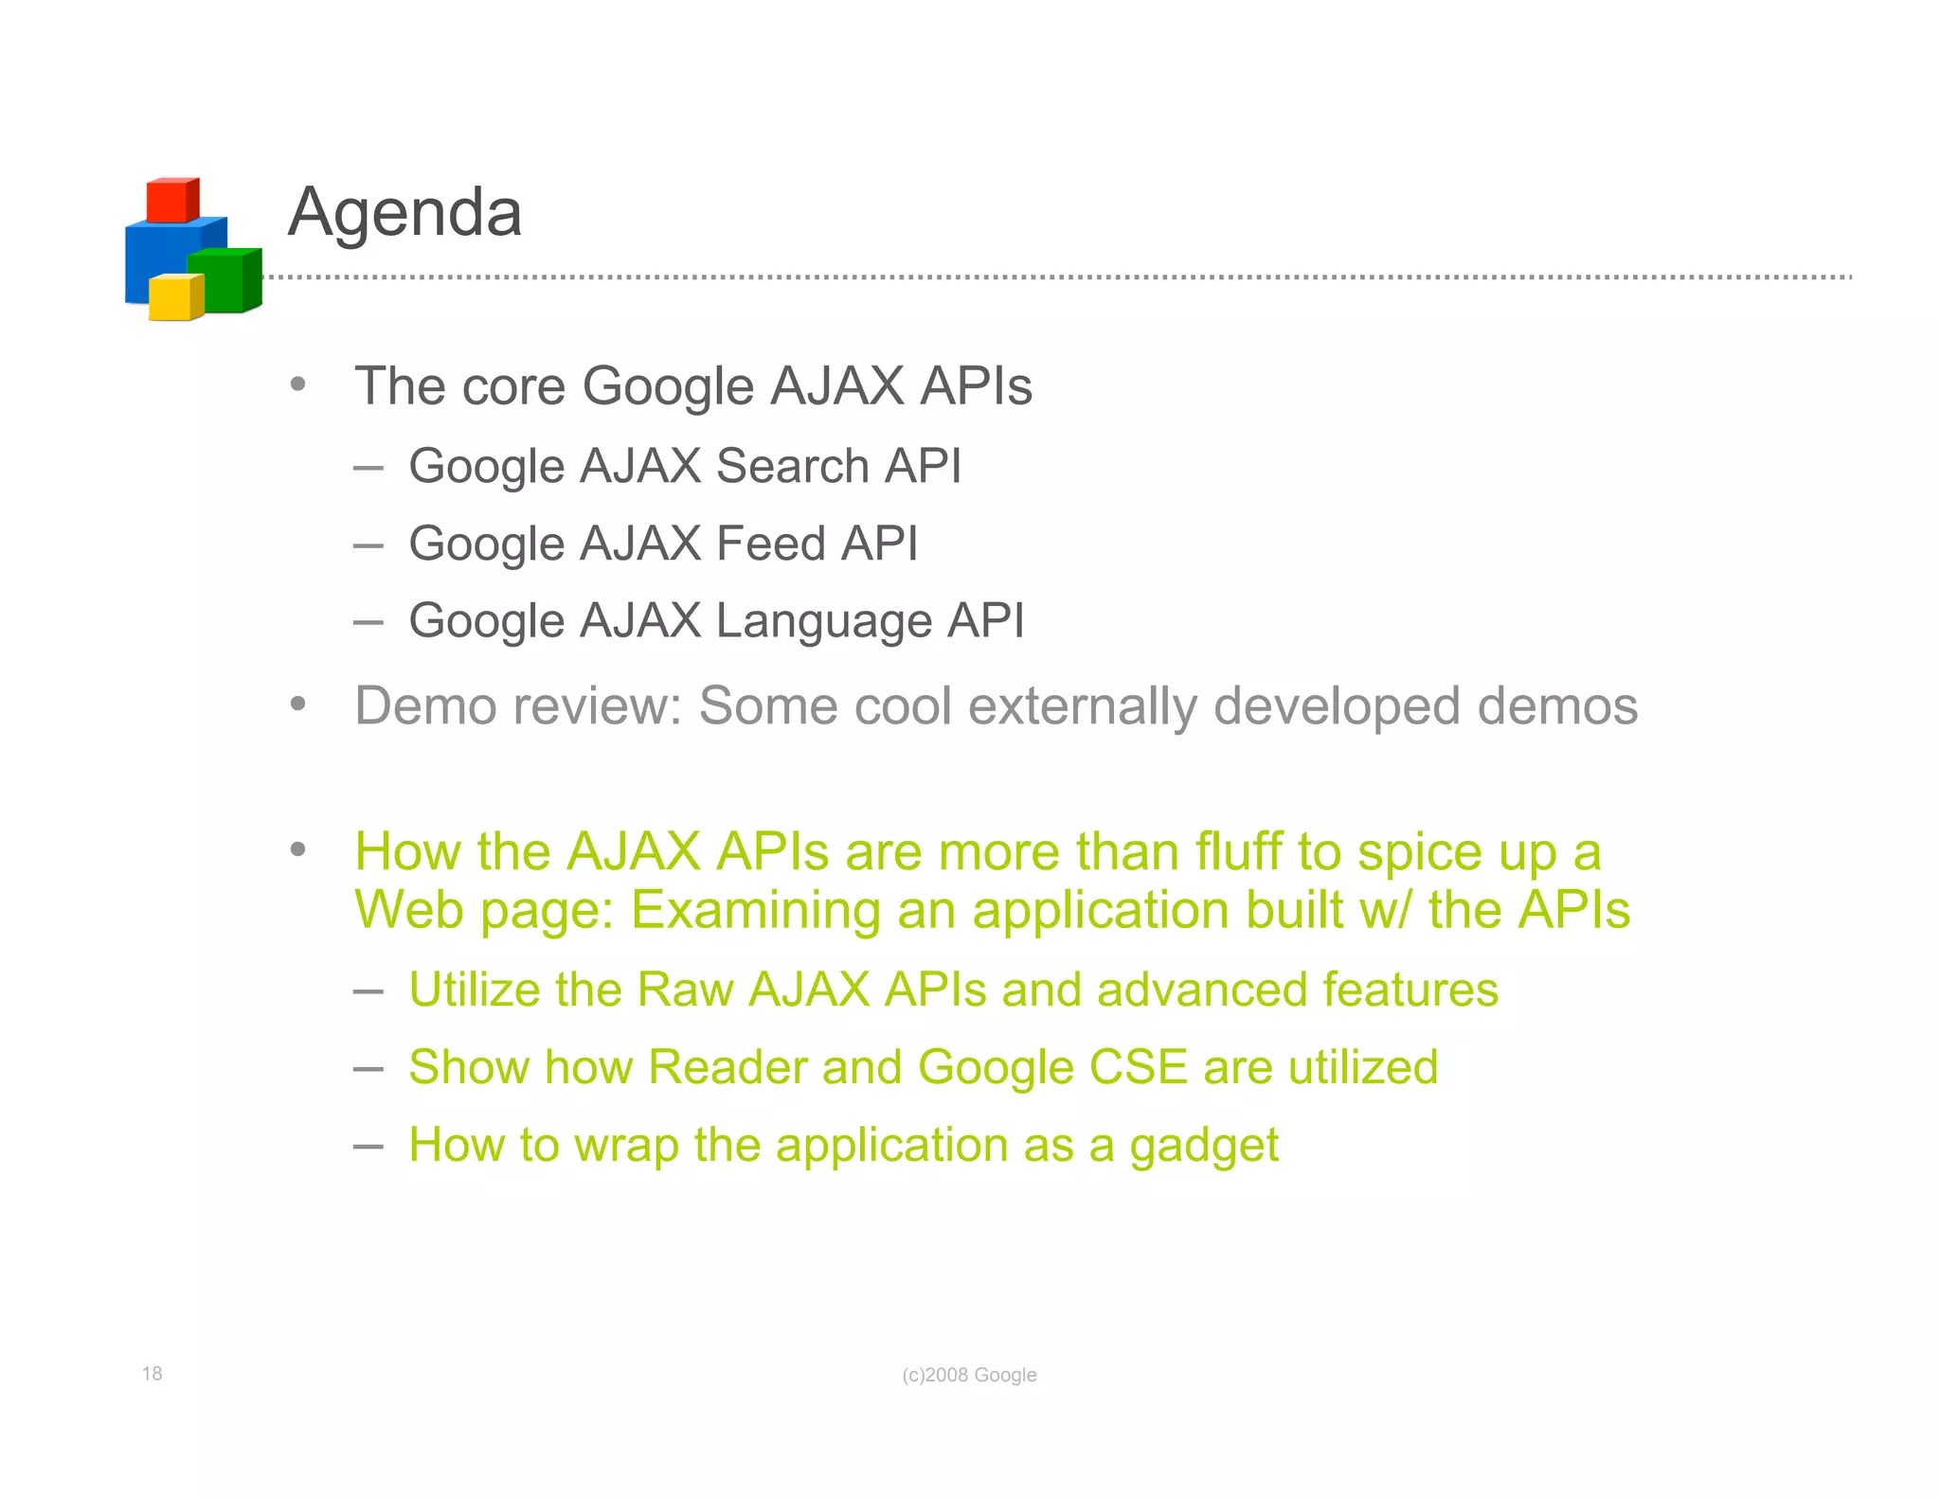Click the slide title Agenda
404,212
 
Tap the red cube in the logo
171,200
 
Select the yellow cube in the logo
175,297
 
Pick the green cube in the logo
224,280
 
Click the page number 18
152,1373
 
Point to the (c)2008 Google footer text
969,1375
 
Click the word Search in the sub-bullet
792,466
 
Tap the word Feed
770,544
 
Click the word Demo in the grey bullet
423,705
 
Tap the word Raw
685,990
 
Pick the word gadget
1203,1146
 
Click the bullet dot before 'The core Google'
298,384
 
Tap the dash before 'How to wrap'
368,1146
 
